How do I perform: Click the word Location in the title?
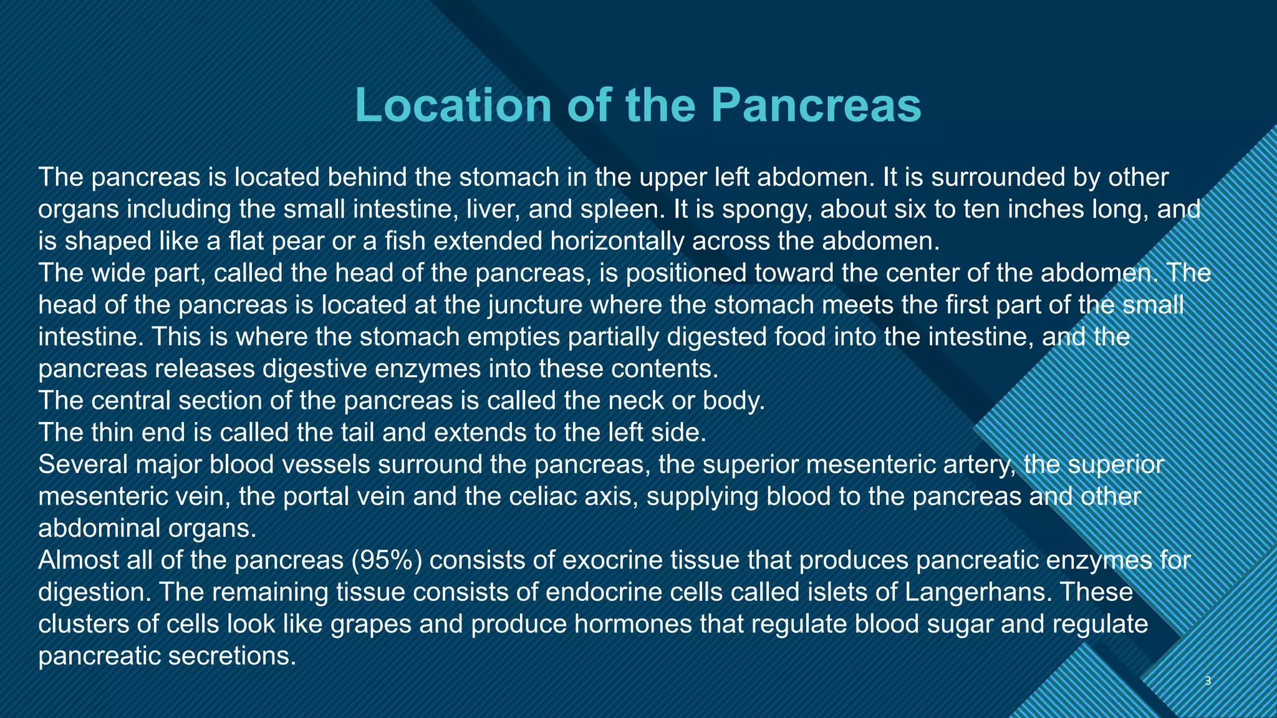pyautogui.click(x=453, y=105)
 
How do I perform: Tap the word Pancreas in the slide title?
pyautogui.click(x=816, y=105)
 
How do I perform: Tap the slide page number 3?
pyautogui.click(x=1208, y=681)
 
